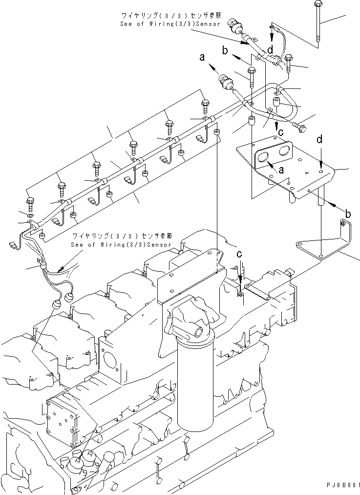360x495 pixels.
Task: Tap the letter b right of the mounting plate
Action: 348,213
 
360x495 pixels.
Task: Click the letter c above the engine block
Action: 239,255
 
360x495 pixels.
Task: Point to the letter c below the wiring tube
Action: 280,131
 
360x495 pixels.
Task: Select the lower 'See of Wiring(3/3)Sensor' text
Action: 121,244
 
